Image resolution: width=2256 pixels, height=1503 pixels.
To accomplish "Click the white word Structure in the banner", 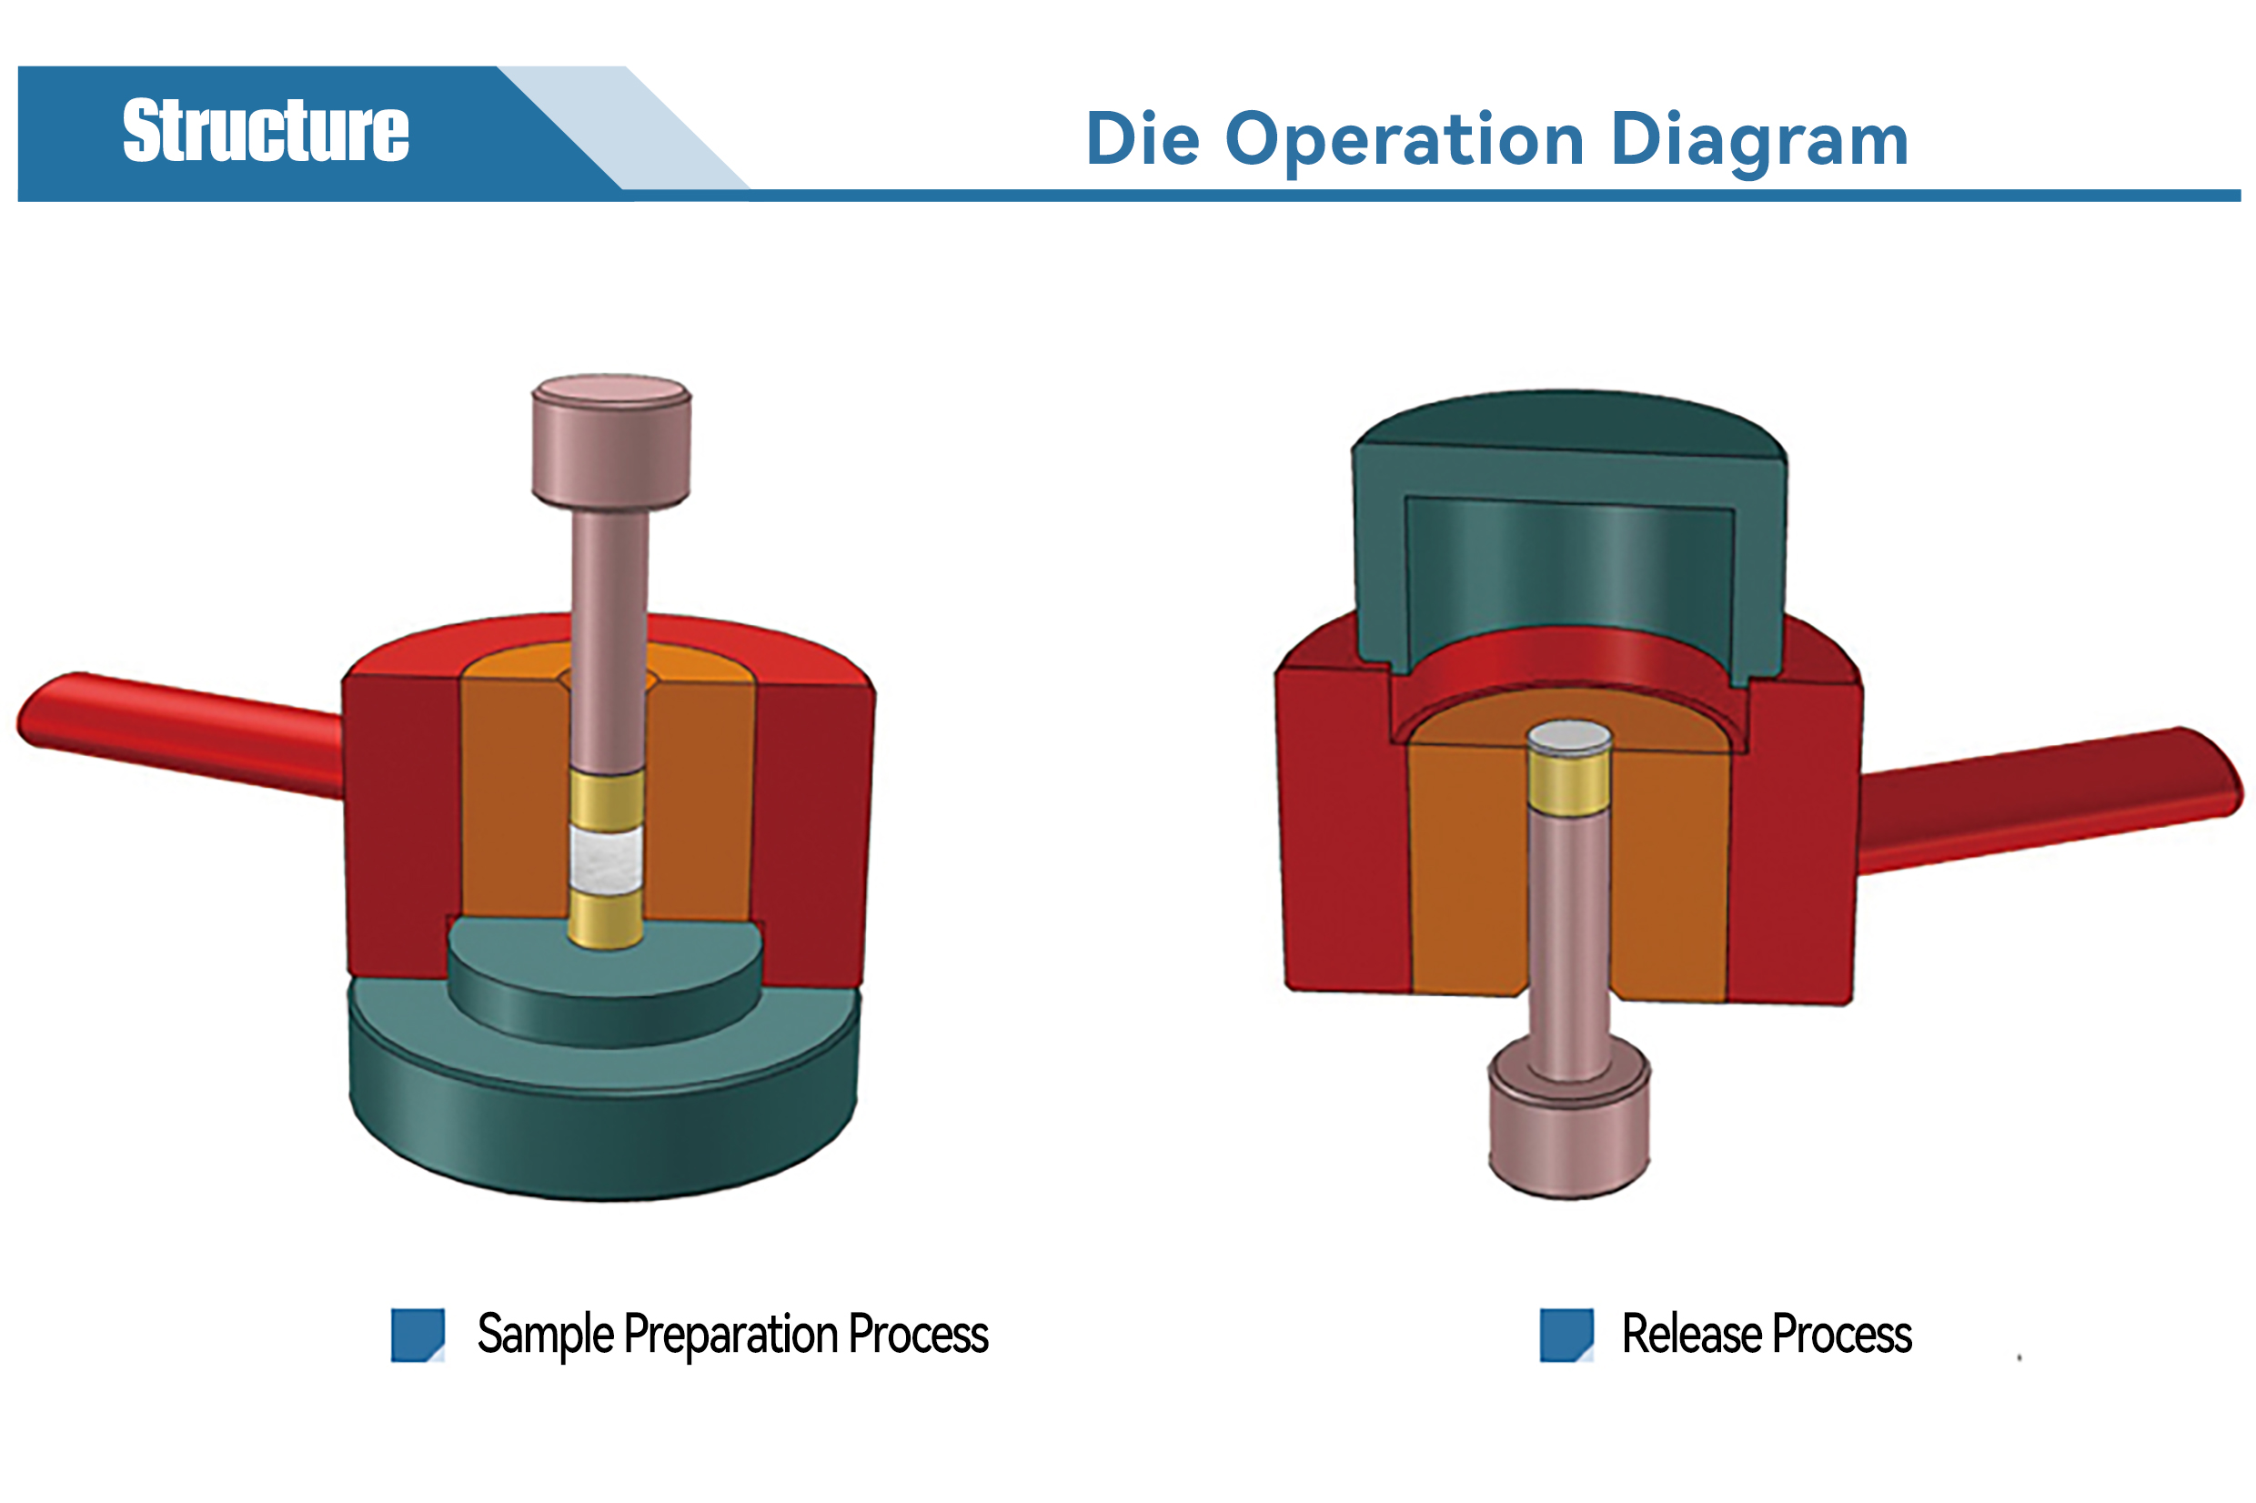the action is [266, 130].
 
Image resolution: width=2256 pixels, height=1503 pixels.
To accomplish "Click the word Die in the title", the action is [1143, 139].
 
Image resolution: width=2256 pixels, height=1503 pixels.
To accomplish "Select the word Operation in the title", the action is [1405, 142].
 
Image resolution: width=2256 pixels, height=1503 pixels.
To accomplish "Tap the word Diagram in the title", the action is [1759, 142].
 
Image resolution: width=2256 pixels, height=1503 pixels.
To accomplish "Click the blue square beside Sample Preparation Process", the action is [418, 1335].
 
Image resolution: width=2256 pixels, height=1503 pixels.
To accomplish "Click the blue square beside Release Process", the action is [1566, 1335].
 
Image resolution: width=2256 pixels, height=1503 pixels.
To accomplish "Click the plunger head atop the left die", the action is [611, 442].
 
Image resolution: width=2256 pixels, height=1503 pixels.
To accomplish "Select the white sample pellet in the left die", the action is [606, 858].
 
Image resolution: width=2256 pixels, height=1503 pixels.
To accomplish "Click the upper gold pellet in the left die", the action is [607, 799].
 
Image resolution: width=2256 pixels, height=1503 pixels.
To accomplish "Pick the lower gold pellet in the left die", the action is [606, 919].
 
